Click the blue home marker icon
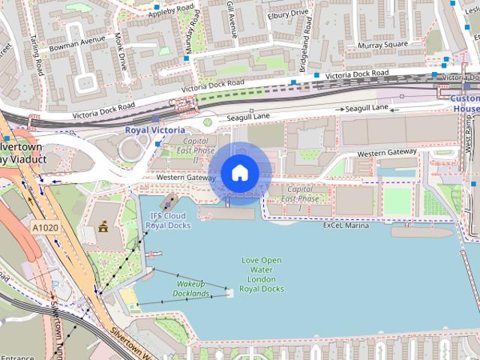coord(239,173)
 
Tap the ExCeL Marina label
coord(346,225)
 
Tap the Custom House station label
coord(465,103)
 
